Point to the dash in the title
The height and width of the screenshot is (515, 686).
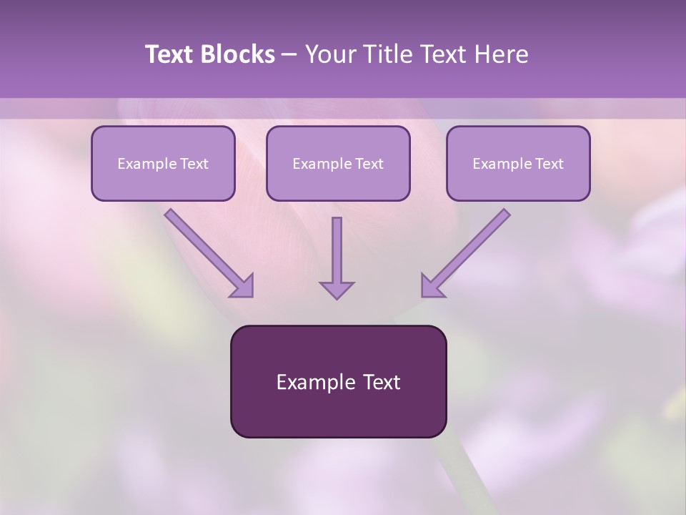(289, 54)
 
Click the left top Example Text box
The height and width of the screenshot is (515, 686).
(163, 163)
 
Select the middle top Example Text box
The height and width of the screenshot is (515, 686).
(338, 163)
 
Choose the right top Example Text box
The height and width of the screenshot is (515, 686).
(518, 163)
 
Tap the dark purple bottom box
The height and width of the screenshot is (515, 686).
(338, 381)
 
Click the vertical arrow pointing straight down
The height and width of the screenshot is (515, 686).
(337, 254)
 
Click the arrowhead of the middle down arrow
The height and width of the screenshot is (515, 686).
(337, 289)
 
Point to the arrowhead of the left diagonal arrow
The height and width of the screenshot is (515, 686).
(243, 286)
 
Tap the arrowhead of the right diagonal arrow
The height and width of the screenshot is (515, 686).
(432, 286)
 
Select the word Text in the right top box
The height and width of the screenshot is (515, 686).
(549, 164)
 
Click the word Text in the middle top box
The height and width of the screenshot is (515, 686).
(369, 164)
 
